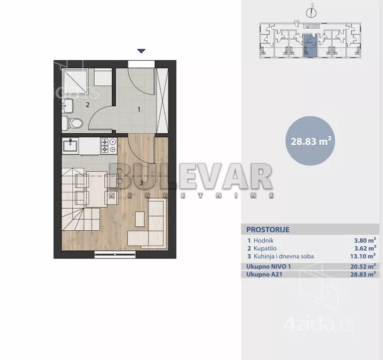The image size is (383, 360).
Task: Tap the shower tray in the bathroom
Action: [x=75, y=81]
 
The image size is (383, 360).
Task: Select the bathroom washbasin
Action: [x=67, y=106]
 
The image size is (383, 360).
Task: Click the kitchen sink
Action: [x=70, y=146]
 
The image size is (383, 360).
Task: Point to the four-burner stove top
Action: [x=109, y=145]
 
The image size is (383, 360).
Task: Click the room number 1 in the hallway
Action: [x=139, y=110]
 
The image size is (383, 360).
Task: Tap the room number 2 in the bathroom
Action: [x=88, y=105]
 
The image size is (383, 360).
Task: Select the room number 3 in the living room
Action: [x=141, y=183]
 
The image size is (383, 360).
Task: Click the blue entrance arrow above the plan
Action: [x=141, y=51]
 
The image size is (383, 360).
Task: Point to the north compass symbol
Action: [x=311, y=12]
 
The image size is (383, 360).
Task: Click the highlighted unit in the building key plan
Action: [x=310, y=46]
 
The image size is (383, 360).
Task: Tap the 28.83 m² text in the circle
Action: [x=311, y=141]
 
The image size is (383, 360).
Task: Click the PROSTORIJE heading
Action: [x=268, y=230]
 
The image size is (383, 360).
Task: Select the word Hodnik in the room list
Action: [x=264, y=240]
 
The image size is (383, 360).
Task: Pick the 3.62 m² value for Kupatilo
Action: [x=365, y=248]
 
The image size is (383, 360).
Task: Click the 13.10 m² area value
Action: [x=363, y=256]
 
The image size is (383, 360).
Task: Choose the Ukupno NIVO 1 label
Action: [x=268, y=266]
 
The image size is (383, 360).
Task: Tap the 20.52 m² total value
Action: [x=363, y=266]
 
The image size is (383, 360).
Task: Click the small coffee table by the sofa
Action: [x=140, y=219]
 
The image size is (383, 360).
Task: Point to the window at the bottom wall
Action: [x=115, y=254]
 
